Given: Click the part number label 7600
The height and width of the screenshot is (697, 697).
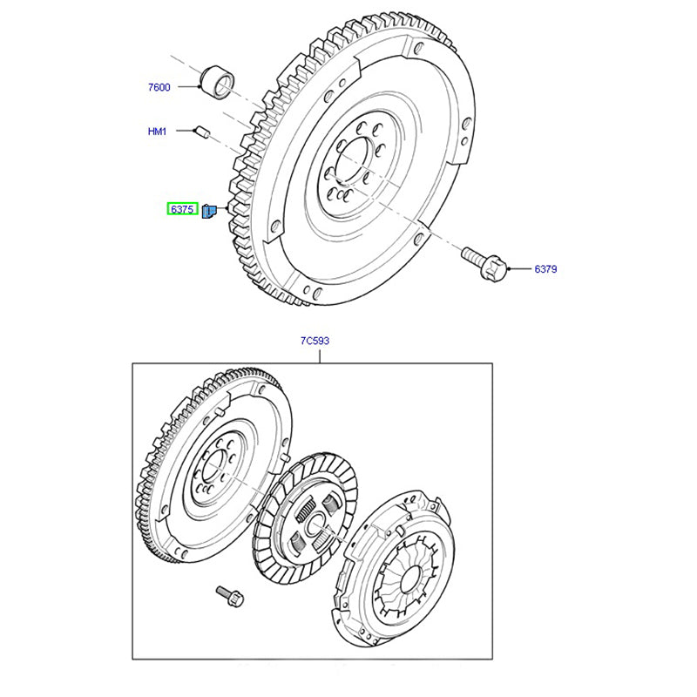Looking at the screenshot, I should (159, 87).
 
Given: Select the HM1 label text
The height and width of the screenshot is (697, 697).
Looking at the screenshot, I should (157, 132).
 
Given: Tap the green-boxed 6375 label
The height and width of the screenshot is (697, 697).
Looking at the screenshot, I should (182, 210).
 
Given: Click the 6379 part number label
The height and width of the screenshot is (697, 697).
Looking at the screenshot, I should (545, 269).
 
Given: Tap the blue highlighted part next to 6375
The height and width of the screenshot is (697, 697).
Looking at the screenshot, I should (210, 211).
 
